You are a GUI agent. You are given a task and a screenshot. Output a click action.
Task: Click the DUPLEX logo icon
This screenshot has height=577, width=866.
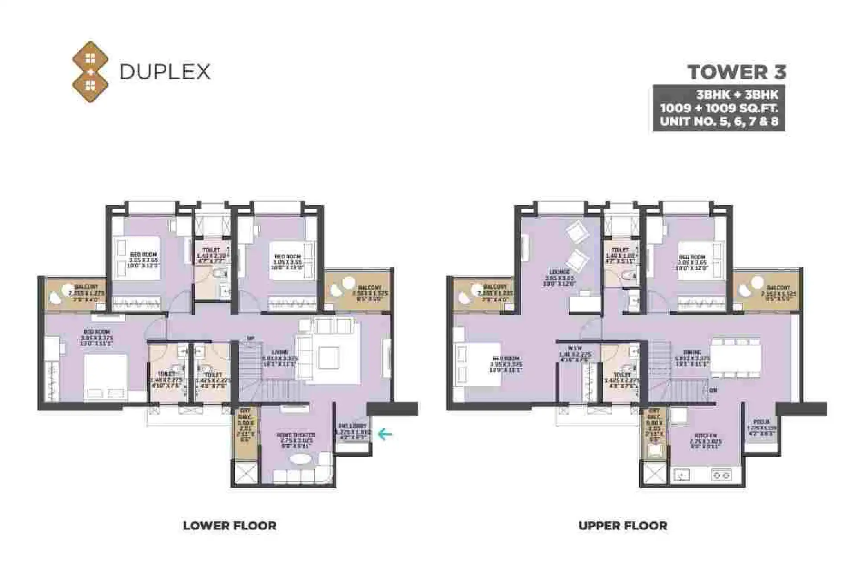click(90, 72)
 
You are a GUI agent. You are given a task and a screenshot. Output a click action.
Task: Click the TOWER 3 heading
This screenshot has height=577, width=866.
click(737, 72)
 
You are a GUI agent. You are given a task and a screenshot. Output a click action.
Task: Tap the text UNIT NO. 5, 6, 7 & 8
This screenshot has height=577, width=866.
click(719, 122)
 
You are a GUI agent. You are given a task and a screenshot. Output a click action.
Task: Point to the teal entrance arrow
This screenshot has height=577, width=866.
click(385, 434)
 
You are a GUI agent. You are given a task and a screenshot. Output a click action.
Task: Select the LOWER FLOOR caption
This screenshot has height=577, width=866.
click(229, 525)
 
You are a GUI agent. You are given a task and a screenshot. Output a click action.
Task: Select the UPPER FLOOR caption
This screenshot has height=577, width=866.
click(623, 525)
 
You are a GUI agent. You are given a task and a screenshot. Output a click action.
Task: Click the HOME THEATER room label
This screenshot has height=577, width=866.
click(296, 435)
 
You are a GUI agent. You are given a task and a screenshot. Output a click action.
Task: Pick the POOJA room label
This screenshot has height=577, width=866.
click(761, 422)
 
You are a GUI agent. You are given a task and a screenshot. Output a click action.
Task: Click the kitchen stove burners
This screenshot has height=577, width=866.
click(721, 475)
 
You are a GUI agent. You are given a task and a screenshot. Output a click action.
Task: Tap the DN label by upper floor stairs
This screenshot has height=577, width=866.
click(713, 390)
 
